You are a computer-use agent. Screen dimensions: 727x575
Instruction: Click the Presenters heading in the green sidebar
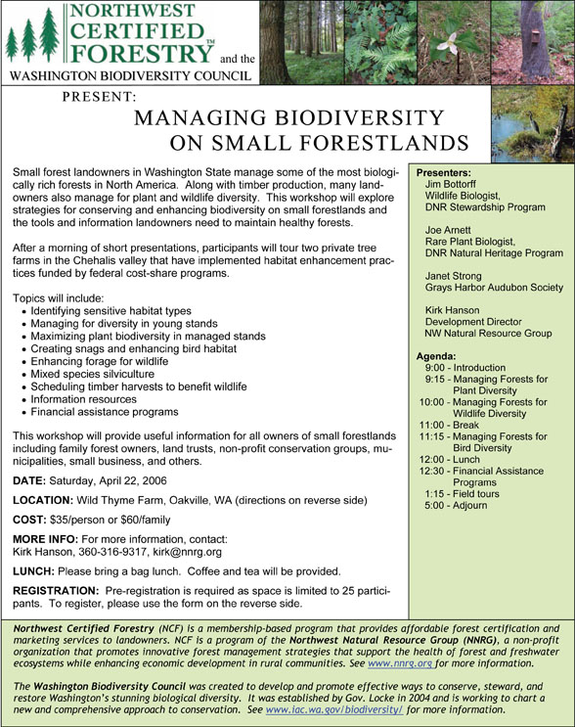pyautogui.click(x=444, y=171)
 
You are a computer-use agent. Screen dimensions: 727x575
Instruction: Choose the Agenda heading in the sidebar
pyautogui.click(x=436, y=356)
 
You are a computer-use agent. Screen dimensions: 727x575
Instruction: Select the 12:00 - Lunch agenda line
pyautogui.click(x=455, y=459)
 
